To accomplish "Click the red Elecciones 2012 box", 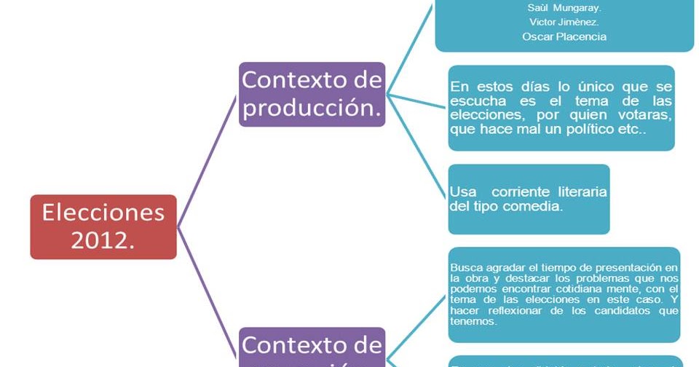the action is [103, 226].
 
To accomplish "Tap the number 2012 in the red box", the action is [103, 240].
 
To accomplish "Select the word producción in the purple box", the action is [312, 107].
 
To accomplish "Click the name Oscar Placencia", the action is [564, 36].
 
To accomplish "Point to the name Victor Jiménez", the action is [564, 22].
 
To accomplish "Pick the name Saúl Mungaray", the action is [564, 8].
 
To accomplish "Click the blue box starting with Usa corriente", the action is [529, 199].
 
